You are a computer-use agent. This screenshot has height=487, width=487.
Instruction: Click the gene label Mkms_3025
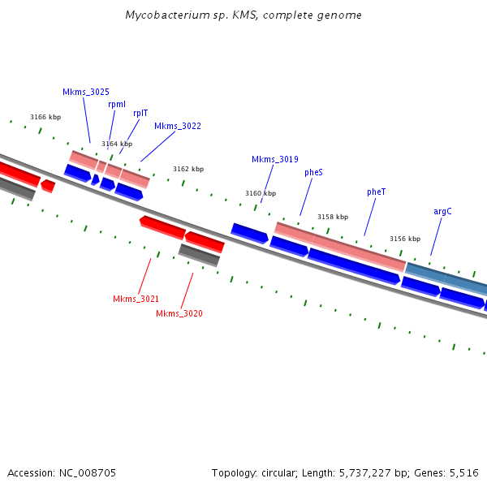[x=86, y=93]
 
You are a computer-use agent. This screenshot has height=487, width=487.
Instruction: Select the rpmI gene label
[x=117, y=104]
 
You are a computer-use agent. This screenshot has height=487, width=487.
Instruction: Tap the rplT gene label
[x=140, y=113]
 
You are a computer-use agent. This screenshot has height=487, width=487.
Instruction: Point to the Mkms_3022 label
[x=178, y=126]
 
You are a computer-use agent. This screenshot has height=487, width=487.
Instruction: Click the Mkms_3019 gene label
[x=275, y=159]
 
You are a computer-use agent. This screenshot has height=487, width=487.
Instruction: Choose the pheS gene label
[x=314, y=172]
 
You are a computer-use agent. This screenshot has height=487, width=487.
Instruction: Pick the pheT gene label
[x=377, y=192]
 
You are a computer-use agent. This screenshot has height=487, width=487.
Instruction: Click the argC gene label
[x=442, y=211]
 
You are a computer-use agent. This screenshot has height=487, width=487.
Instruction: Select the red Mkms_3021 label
[x=136, y=299]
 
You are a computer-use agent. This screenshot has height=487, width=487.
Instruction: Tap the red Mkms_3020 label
[x=179, y=313]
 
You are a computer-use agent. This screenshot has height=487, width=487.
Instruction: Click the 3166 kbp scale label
[x=45, y=118]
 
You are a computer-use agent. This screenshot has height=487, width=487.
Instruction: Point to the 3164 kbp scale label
[x=117, y=144]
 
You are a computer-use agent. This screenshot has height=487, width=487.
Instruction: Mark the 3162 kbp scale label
[x=188, y=169]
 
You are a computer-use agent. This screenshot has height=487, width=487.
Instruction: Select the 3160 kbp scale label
[x=261, y=193]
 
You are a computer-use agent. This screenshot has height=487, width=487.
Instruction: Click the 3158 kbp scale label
[x=333, y=217]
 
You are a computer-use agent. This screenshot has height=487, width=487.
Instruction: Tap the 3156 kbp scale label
[x=405, y=239]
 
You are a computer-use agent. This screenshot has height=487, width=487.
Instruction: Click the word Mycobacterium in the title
[x=166, y=15]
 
